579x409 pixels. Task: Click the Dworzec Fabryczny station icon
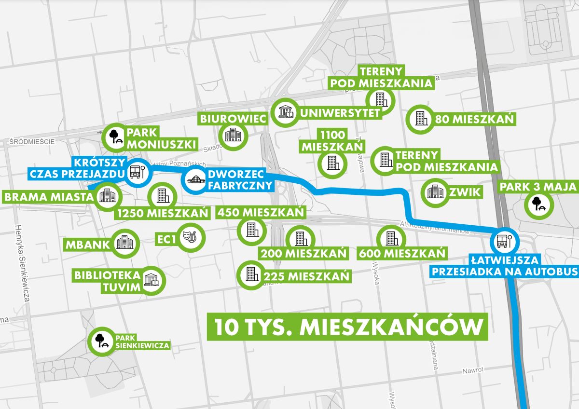click(196, 180)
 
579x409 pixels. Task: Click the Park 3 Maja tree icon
click(538, 205)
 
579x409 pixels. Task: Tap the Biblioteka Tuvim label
click(108, 282)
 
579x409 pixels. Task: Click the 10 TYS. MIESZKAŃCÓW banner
click(347, 327)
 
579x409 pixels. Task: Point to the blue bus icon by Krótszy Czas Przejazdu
click(136, 172)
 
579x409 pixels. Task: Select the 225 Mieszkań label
click(306, 276)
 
